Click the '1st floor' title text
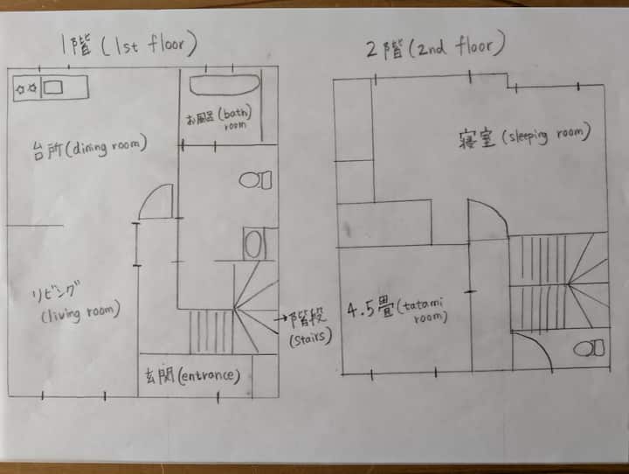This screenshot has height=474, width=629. click(x=128, y=45)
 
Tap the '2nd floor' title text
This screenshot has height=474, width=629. click(x=435, y=45)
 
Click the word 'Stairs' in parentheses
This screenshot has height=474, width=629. click(x=310, y=338)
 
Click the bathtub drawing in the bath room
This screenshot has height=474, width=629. click(x=225, y=84)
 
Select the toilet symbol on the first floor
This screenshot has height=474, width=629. click(x=255, y=179)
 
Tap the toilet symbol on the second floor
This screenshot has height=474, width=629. click(x=589, y=348)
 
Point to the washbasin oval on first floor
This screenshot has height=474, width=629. click(x=253, y=244)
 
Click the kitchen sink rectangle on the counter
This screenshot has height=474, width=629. click(x=53, y=87)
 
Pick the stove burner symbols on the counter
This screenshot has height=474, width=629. click(x=26, y=88)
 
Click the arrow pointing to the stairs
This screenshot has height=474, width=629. click(x=280, y=318)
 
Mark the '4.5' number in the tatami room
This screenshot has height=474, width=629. click(x=361, y=310)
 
